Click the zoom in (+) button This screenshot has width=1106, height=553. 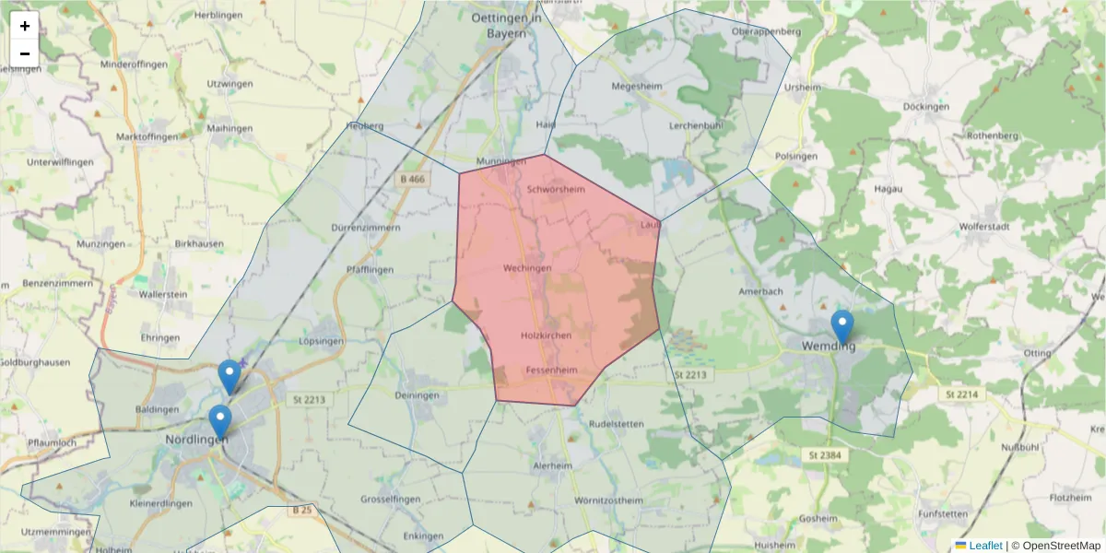point(25,26)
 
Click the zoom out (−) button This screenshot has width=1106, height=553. point(25,53)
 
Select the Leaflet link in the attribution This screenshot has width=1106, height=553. point(984,546)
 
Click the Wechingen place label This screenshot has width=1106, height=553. point(527,268)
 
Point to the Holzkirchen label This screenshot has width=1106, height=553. point(546,335)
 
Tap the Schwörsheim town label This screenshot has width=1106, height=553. point(556,190)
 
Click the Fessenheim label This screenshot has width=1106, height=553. point(551,371)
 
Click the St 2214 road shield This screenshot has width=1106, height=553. point(961,394)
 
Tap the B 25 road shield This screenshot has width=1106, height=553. point(302,510)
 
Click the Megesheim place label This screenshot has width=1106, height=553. point(637,88)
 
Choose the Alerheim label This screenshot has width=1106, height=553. point(552,466)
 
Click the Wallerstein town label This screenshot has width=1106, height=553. point(163,294)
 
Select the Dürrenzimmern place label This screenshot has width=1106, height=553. point(365,227)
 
